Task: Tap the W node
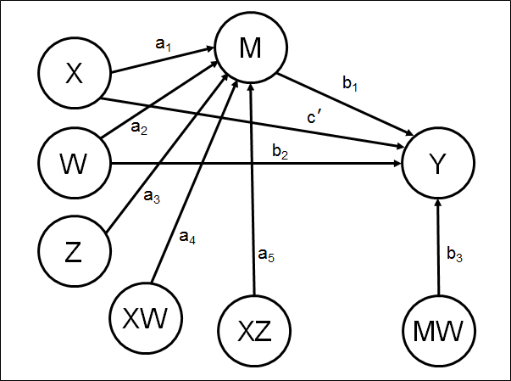click(x=75, y=161)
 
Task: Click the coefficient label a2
click(x=139, y=128)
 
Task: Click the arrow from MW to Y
click(x=438, y=246)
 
